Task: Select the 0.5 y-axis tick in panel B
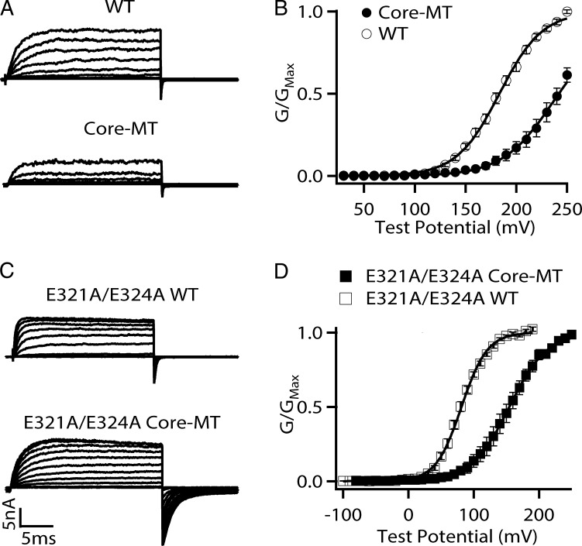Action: [x=318, y=94]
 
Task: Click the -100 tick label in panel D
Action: [x=343, y=515]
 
